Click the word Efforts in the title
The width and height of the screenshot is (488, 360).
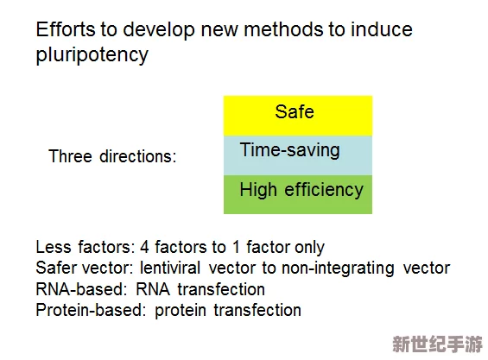pos(66,29)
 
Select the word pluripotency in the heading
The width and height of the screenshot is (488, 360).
pos(92,55)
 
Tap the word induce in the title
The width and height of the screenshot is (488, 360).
pos(382,29)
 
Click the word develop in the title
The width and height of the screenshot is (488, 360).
pos(159,30)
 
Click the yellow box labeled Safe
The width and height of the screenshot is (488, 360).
pos(298,116)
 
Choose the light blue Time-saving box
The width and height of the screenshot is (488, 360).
pos(298,155)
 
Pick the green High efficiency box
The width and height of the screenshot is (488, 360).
pos(298,194)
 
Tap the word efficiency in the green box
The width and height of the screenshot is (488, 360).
pos(324,190)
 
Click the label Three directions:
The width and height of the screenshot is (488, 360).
pos(112,156)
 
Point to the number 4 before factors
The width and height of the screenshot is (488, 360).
pos(144,247)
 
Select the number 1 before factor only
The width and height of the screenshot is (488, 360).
pos(236,247)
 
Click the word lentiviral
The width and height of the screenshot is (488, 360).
pos(170,268)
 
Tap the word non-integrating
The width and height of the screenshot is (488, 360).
pos(338,268)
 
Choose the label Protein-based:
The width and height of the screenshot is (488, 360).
pos(91,310)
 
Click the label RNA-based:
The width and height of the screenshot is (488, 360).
pos(81,289)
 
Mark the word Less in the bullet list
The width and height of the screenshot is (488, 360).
pos(54,247)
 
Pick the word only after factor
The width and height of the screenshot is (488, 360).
pos(309,248)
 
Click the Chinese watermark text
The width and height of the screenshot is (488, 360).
pos(437,344)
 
